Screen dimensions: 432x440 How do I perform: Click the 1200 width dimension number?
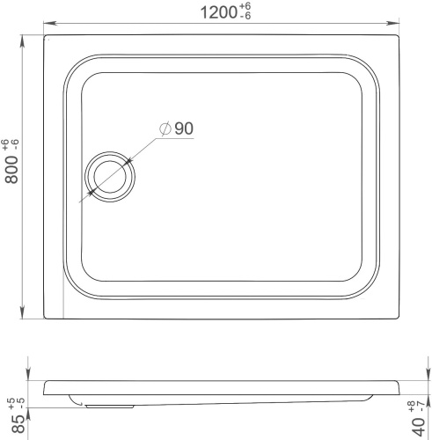pyautogui.click(x=218, y=12)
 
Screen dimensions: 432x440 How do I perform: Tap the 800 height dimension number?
pyautogui.click(x=11, y=170)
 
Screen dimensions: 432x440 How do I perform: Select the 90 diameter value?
pyautogui.click(x=184, y=128)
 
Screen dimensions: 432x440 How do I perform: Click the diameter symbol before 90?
pyautogui.click(x=165, y=128)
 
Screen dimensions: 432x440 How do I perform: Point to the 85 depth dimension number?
pyautogui.click(x=19, y=423)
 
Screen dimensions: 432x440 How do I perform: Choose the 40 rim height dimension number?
pyautogui.click(x=419, y=426)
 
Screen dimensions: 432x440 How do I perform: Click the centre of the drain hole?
pyautogui.click(x=110, y=177)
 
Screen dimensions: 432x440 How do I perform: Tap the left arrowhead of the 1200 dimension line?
pyautogui.click(x=50, y=23)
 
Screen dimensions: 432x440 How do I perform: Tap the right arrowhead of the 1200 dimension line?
pyautogui.click(x=392, y=23)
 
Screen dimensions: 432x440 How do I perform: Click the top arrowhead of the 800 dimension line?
pyautogui.click(x=22, y=41)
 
